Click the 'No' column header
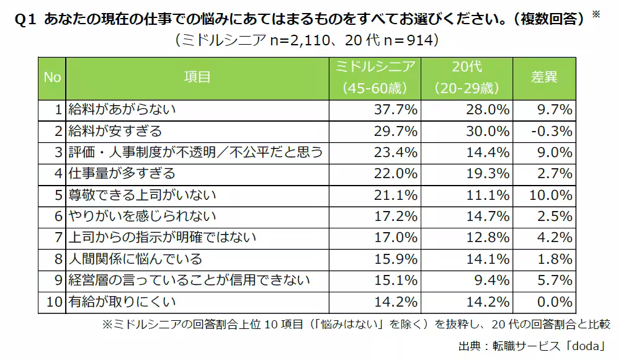52,78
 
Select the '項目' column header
197,78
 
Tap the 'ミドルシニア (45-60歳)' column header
374,78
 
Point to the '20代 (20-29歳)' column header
467,78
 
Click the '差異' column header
544,78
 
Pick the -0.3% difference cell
552,131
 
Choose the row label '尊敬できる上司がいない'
143,195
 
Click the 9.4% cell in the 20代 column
494,281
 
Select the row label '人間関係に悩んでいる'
136,259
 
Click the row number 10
55,302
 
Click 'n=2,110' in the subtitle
293,40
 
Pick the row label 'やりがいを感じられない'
143,216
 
